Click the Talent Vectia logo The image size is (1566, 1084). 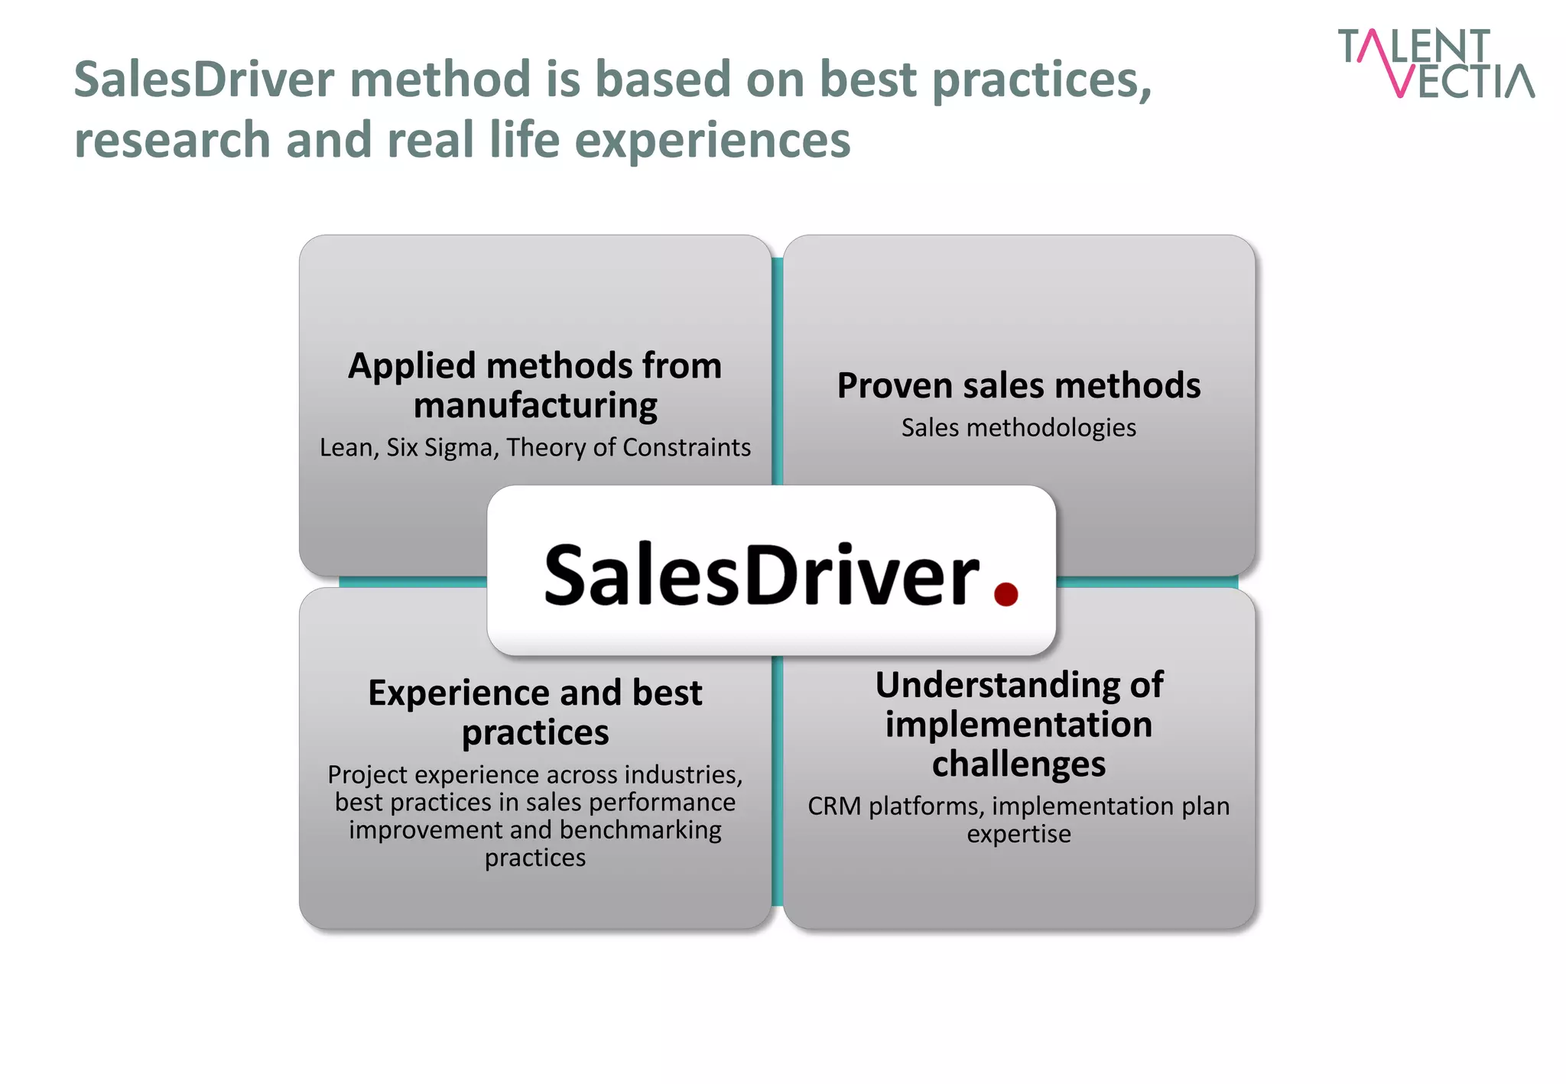point(1435,63)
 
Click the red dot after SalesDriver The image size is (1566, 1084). point(1006,594)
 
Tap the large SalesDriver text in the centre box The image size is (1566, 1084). point(761,575)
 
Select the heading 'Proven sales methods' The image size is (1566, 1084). point(1019,385)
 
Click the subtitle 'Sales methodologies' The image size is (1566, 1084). point(1019,427)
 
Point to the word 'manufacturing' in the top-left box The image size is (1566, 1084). point(535,405)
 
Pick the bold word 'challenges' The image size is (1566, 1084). point(1019,764)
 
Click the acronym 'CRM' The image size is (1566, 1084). point(833,807)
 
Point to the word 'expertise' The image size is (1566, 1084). point(1019,834)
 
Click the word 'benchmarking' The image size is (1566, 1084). point(640,830)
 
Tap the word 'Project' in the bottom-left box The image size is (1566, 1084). point(368,775)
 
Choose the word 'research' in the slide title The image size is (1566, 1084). point(172,141)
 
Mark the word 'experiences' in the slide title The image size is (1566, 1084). point(712,141)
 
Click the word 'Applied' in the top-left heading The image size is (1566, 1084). point(413,366)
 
